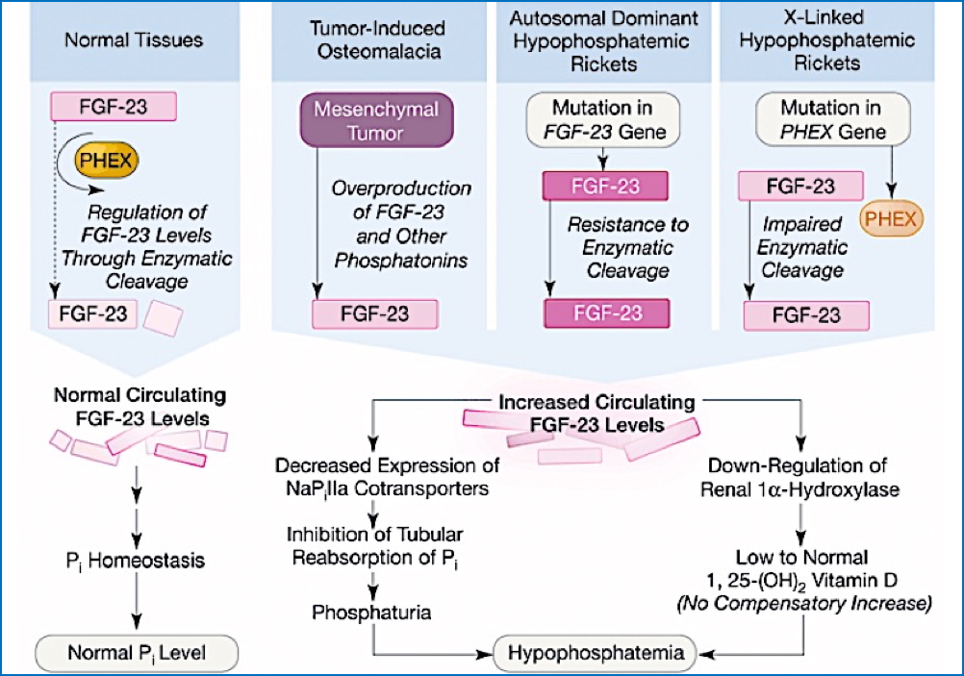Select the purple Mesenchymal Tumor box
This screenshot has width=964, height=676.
tap(374, 120)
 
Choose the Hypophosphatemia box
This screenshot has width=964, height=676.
tap(596, 654)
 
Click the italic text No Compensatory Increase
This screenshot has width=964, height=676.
tap(804, 605)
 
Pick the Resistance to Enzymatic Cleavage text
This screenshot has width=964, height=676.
tap(627, 247)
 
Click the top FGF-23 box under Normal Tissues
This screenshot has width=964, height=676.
tap(114, 106)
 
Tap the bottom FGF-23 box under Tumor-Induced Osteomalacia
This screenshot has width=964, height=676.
tap(375, 313)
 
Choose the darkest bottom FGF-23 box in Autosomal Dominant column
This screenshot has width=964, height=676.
tap(606, 313)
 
